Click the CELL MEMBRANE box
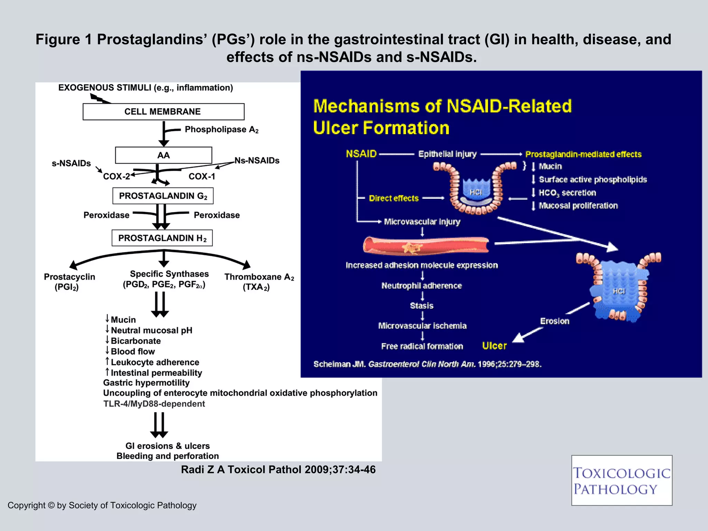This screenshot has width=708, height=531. (163, 112)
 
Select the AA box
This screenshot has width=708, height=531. (163, 155)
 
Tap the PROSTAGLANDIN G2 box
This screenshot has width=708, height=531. (163, 196)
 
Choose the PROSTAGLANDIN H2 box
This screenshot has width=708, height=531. (162, 238)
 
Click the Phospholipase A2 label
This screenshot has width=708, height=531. (221, 130)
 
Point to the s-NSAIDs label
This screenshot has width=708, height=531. (71, 163)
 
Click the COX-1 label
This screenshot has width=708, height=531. (202, 177)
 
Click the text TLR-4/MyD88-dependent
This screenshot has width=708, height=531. (154, 404)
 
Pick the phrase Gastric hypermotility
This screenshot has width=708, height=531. (146, 383)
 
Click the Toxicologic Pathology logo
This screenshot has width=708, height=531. (621, 481)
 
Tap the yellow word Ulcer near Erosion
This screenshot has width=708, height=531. (494, 346)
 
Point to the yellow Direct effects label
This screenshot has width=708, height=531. (393, 198)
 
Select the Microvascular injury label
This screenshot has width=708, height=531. (422, 222)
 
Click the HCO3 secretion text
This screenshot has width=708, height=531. (567, 193)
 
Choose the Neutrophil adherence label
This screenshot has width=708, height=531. (421, 286)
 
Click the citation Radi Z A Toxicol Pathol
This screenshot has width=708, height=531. (278, 469)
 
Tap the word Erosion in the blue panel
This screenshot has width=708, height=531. (555, 321)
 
